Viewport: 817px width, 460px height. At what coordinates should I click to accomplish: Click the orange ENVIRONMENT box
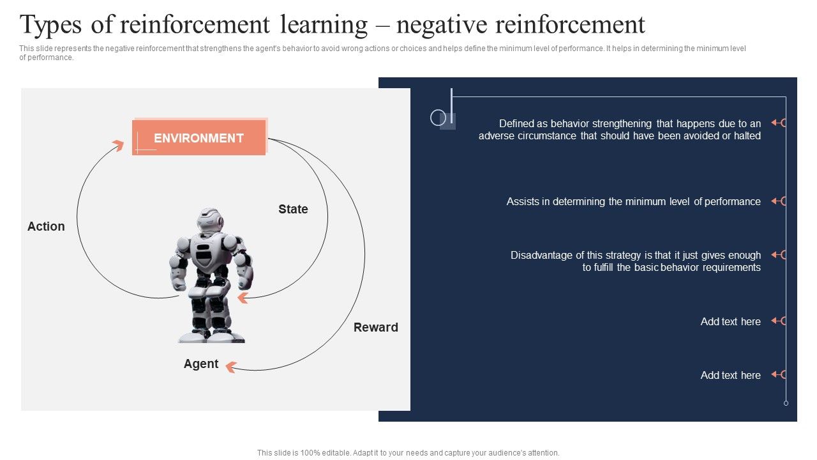coord(199,138)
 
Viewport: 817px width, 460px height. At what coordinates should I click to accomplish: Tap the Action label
coord(46,226)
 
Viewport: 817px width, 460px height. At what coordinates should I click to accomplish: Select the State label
coord(293,209)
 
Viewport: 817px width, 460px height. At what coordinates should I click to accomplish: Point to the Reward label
coord(375,327)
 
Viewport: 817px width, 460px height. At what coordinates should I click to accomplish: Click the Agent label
coord(201,364)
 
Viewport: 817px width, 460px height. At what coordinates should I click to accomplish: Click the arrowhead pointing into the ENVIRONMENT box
coord(117,145)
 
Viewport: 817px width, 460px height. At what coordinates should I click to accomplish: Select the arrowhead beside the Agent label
coord(230,367)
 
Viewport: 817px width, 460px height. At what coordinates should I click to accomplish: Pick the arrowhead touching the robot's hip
coord(243,297)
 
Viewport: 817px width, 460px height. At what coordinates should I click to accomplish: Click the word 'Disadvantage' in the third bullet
coord(541,255)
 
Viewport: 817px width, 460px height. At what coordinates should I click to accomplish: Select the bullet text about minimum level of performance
coord(633,201)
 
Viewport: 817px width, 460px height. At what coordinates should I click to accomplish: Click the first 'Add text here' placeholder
coord(730,321)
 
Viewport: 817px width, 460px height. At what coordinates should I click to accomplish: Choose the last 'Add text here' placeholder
coord(730,375)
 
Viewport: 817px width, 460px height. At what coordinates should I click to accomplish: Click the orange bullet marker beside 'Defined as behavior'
coord(778,123)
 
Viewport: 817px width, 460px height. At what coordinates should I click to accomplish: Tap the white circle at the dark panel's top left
coord(438,117)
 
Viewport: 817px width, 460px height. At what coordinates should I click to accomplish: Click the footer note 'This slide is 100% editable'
coord(408,452)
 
